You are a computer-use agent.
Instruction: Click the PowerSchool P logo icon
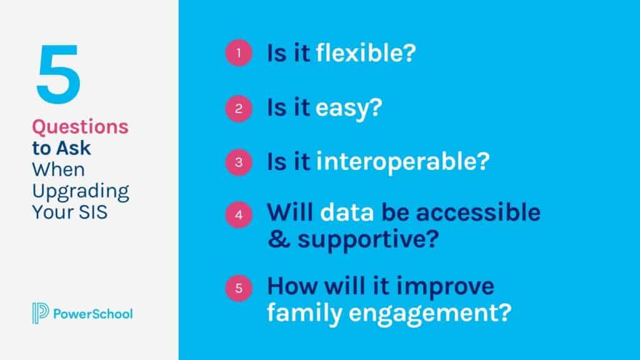(40, 313)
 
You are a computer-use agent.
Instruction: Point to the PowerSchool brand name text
(92, 314)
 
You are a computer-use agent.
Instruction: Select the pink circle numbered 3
(238, 163)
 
